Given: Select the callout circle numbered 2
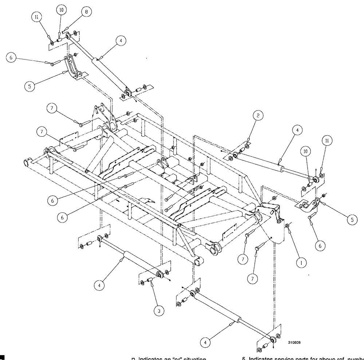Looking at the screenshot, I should tap(257, 116).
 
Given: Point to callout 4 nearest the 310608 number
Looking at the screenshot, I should tap(206, 343).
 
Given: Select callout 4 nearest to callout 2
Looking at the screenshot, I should tap(297, 130).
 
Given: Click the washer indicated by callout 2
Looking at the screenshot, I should tap(247, 147).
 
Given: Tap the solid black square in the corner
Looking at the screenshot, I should tap(2, 357).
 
